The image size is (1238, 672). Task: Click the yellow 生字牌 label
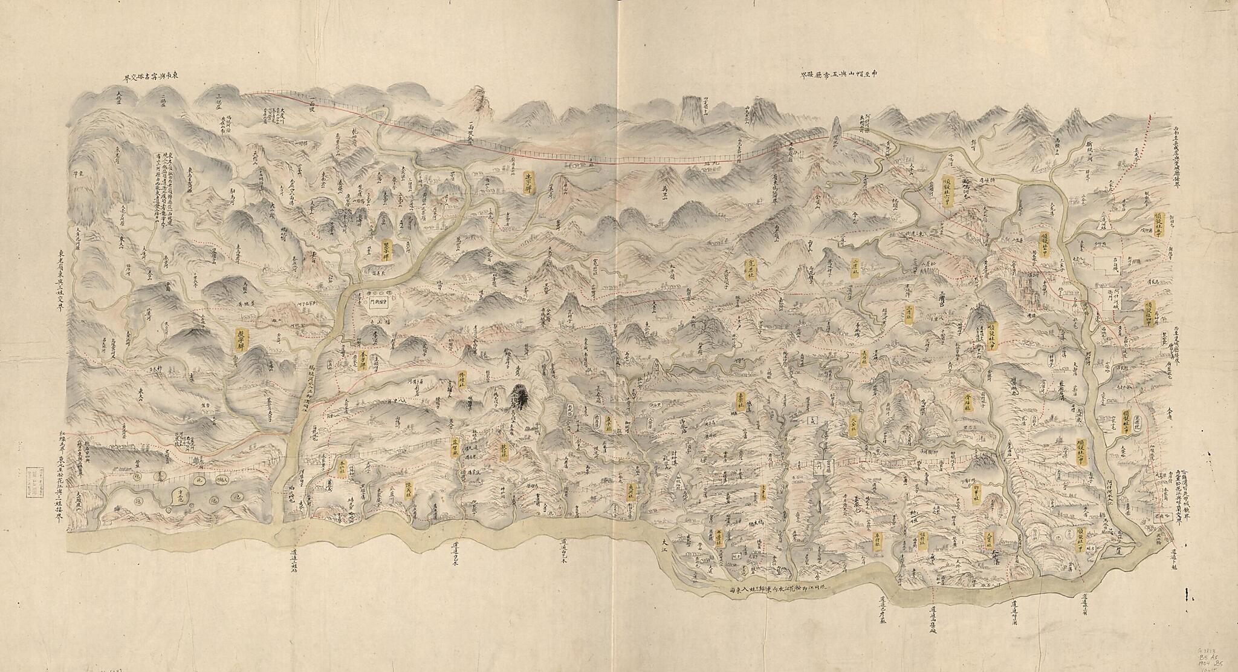tap(527, 179)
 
